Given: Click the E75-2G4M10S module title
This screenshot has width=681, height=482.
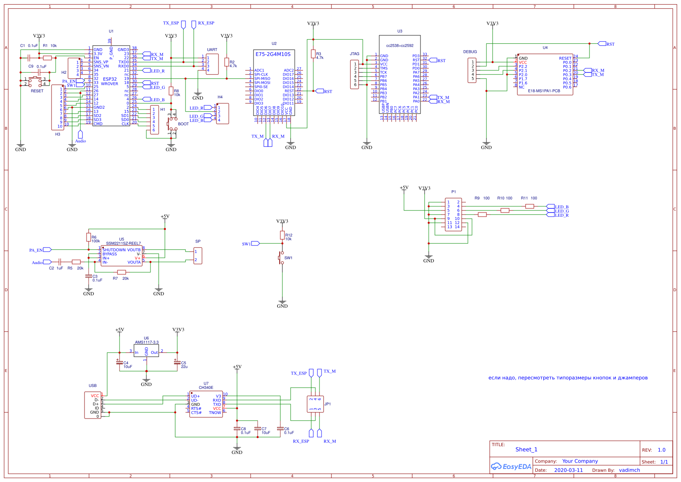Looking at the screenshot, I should (273, 54).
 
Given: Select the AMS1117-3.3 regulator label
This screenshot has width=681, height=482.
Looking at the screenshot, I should (146, 342).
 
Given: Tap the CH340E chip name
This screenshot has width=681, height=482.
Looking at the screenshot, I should (206, 388).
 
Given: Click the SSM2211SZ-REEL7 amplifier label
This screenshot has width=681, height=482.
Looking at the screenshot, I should (123, 243).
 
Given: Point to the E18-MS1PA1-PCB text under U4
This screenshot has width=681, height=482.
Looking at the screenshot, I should (544, 91).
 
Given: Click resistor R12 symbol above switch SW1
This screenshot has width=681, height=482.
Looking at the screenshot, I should (282, 235).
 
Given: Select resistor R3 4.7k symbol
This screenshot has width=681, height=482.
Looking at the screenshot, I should (313, 54).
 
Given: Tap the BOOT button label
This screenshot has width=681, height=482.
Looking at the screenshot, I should (183, 124).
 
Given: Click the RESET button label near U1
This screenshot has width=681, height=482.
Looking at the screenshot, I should (37, 91).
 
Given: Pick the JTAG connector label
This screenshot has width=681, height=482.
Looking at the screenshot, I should (355, 54).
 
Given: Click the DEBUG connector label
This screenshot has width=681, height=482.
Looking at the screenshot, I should (470, 52).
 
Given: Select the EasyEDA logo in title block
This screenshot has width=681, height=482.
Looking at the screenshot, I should (511, 467).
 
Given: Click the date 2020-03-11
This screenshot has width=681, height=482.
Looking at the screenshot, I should (568, 470).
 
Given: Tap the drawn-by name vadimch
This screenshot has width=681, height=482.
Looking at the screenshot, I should (629, 470).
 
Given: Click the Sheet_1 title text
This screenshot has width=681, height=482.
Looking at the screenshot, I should (526, 449).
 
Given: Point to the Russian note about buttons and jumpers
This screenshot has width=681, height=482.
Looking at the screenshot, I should (568, 378).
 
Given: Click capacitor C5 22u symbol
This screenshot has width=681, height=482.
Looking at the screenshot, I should (177, 362).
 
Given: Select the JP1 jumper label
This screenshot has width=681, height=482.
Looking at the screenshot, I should (328, 404).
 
